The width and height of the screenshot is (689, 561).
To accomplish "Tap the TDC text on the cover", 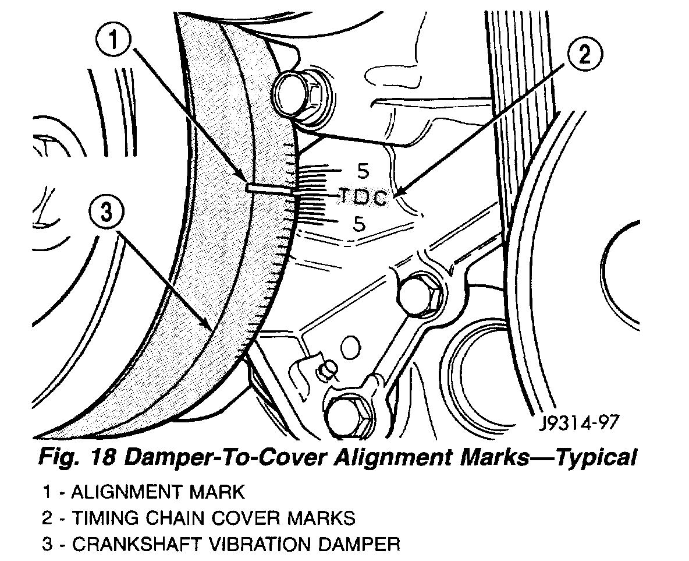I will point(363,198).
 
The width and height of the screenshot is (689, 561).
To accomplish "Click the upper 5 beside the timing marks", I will point(363,171).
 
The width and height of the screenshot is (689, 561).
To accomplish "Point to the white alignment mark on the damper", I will point(269,189).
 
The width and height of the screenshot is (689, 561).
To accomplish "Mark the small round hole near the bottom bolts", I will point(350,348).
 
